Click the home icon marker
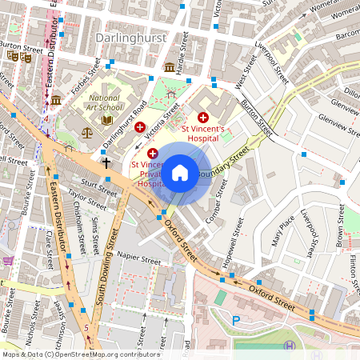point(180,173)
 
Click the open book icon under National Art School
point(107,120)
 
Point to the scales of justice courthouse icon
point(87,133)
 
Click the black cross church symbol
point(106,162)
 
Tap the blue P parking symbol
point(235,320)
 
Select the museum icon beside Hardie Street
point(170,67)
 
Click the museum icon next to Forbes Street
point(56,100)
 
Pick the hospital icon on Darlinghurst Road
point(140,127)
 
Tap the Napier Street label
point(138,259)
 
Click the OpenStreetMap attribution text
point(80,354)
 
